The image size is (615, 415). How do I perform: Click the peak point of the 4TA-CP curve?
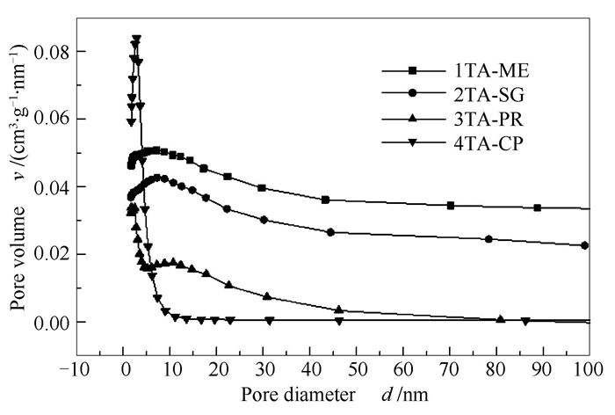pos(136,39)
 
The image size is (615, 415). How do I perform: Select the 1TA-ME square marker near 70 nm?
pos(451,205)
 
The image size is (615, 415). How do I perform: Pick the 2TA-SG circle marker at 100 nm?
pos(585,245)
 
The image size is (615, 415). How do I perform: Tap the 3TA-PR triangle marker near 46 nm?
pos(339,309)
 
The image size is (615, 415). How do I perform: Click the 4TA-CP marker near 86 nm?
pos(525,322)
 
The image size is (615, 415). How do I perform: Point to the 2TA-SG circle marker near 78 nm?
pos(488,239)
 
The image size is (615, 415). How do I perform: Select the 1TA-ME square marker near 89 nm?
pos(538,207)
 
